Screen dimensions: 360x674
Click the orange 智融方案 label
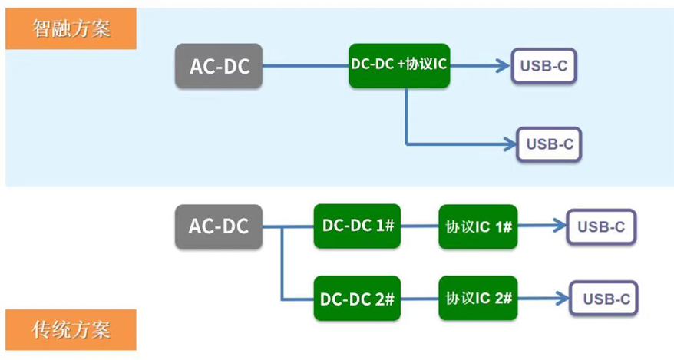coord(71,30)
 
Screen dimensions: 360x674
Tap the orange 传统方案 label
coord(71,329)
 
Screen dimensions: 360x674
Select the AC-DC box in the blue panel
coord(219,66)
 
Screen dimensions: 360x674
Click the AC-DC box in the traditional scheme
coord(219,226)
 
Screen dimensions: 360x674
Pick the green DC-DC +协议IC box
coord(398,65)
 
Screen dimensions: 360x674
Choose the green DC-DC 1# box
coord(357,226)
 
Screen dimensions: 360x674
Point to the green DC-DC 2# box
coord(357,298)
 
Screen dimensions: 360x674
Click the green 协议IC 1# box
coord(478,226)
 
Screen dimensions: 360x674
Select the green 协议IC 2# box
coord(478,298)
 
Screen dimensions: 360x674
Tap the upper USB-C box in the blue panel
coord(543,66)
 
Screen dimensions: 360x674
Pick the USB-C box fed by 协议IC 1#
coord(601,226)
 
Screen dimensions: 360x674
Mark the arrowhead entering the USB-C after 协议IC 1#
coord(559,226)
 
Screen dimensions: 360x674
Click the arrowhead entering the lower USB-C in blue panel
coord(509,144)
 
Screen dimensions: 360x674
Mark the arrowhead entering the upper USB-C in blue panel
coord(503,66)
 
